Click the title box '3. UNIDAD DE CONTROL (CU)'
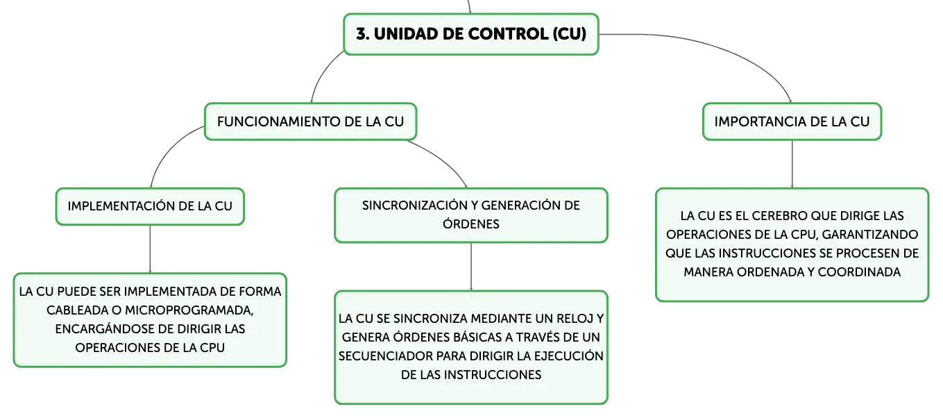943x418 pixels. tap(471, 34)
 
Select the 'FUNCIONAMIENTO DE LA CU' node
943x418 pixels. tap(311, 122)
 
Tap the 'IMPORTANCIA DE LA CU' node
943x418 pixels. tap(792, 122)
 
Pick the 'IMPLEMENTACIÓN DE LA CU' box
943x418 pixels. tap(150, 206)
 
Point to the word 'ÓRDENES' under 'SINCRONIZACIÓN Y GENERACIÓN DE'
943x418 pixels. tap(471, 224)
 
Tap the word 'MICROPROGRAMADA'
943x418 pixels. tap(189, 310)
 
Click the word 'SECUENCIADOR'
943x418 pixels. tap(385, 356)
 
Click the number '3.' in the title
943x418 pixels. tap(363, 34)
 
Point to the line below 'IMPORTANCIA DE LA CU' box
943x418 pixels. tap(792, 164)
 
